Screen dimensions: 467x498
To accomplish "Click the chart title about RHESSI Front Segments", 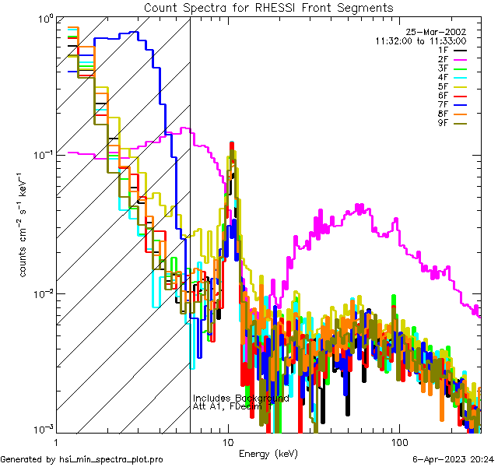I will (x=268, y=7).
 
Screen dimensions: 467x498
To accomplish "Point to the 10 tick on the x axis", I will (x=227, y=441).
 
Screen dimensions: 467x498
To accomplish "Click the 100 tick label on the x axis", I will (x=399, y=441).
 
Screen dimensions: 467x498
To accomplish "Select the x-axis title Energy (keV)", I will (x=268, y=453).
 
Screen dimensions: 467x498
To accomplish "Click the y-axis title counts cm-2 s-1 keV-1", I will (x=24, y=224).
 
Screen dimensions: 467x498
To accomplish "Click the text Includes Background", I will (x=240, y=399).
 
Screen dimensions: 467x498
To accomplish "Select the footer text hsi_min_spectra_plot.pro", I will (x=111, y=460).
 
